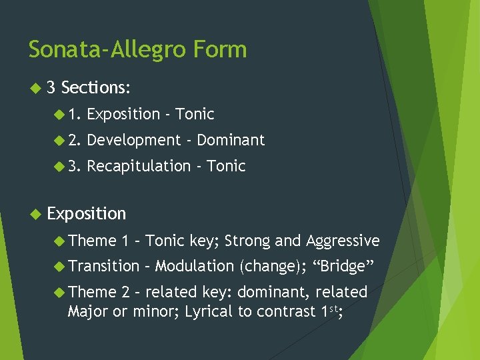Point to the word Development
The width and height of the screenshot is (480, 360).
click(x=134, y=140)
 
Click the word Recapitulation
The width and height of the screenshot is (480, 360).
click(x=139, y=166)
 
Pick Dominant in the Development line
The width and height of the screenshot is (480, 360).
click(x=231, y=140)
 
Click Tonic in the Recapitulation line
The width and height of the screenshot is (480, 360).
click(x=226, y=166)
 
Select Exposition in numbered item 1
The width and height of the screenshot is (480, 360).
click(x=124, y=114)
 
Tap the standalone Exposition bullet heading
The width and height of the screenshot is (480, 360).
click(x=87, y=213)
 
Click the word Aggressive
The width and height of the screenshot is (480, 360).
click(x=343, y=241)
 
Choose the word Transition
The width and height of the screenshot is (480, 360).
click(x=104, y=266)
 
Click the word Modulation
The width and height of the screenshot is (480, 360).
click(x=194, y=266)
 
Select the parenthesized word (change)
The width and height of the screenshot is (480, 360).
click(x=270, y=266)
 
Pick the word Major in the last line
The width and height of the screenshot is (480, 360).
click(x=87, y=311)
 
